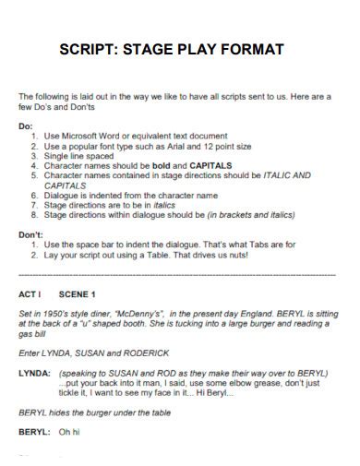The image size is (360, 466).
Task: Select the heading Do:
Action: tap(26, 125)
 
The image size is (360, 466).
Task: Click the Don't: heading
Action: tap(33, 234)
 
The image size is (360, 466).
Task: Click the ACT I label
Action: tap(30, 295)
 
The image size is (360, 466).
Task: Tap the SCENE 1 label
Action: tap(77, 295)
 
